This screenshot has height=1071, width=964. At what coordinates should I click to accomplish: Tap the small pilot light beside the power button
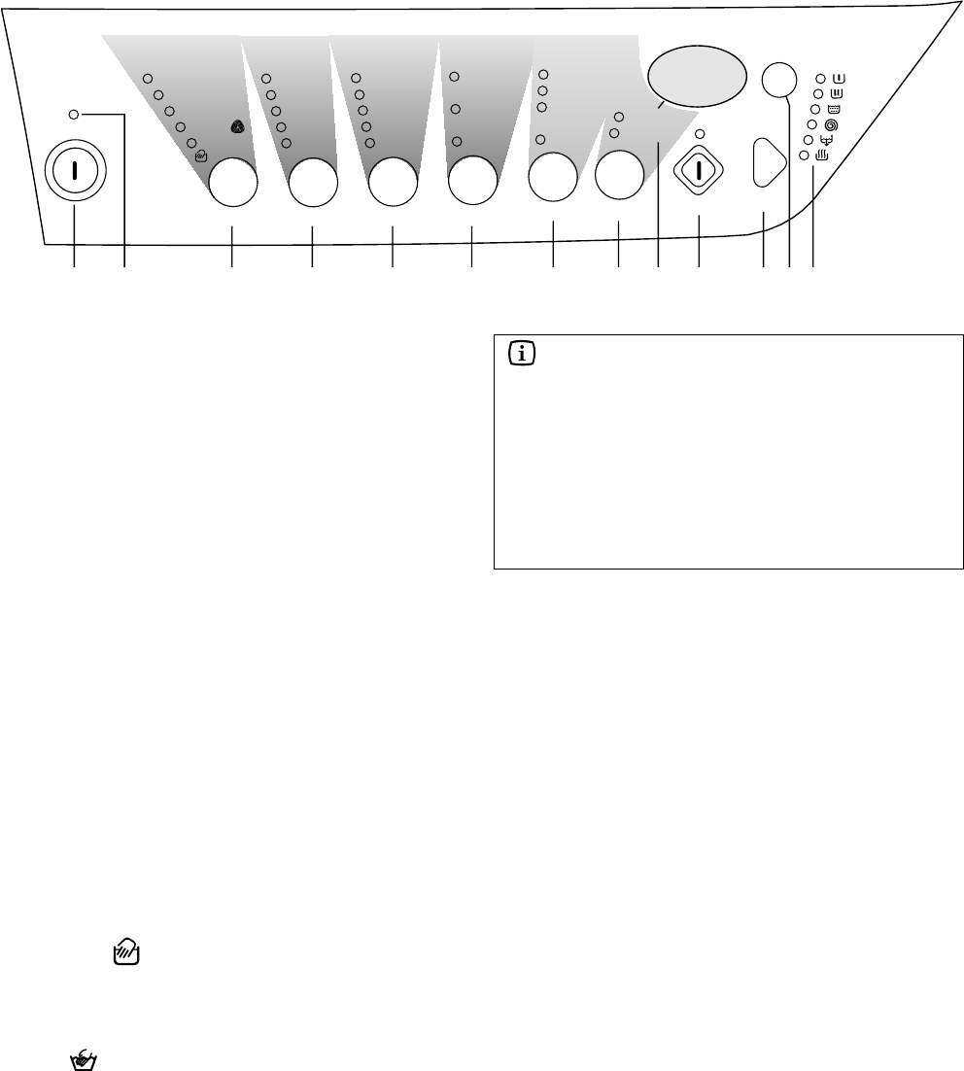[75, 115]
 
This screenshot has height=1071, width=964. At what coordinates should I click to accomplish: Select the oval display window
[697, 75]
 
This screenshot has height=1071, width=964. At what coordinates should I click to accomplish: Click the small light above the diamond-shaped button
[700, 133]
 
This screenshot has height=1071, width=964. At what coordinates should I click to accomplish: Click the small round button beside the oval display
[776, 81]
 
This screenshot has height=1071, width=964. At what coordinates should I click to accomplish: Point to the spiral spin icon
[830, 125]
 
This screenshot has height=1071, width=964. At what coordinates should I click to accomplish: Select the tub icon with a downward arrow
[826, 140]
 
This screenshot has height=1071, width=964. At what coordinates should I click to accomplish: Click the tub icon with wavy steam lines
[822, 155]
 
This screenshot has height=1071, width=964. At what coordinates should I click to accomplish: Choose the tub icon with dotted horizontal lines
[833, 109]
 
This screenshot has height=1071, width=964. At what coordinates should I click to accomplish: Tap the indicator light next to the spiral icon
[811, 125]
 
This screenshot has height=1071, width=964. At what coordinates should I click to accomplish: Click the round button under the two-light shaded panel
[619, 176]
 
